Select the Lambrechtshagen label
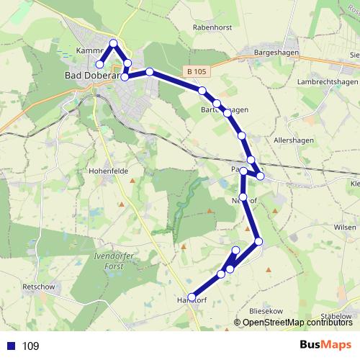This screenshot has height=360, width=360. pos(328,83)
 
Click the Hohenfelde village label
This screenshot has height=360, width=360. pos(108,171)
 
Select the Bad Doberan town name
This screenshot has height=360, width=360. pos(90,73)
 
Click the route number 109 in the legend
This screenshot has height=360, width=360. pos(31,346)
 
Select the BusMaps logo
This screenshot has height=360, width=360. pos(325,346)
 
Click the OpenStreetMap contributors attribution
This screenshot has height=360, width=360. pos(296,323)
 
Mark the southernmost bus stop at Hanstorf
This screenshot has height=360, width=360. pos(192,297)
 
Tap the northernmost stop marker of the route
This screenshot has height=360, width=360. pos(113,43)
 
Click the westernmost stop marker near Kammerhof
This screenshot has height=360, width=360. pos(100,65)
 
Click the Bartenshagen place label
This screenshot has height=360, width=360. pos(224,109)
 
